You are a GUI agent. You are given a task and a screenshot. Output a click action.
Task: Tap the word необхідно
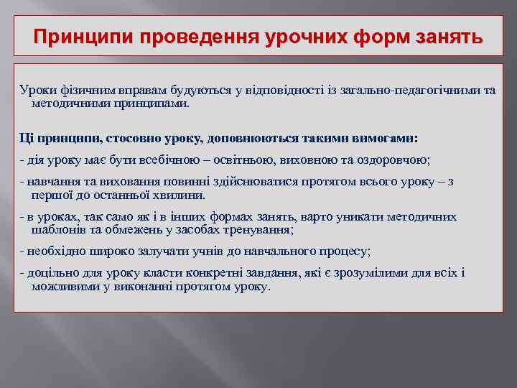(54, 251)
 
